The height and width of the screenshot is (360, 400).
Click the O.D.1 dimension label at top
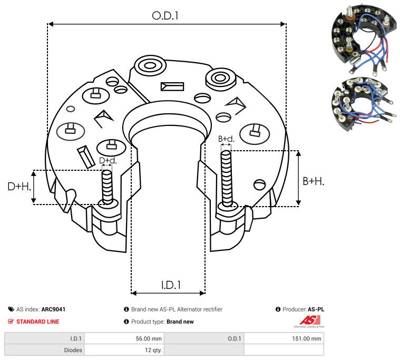pyautogui.click(x=165, y=16)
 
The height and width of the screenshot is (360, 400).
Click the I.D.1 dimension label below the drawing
pyautogui.click(x=171, y=285)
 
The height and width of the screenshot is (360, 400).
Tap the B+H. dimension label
pyautogui.click(x=313, y=181)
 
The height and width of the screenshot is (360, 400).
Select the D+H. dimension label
pyautogui.click(x=19, y=186)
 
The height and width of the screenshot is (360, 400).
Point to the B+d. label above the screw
pyautogui.click(x=226, y=139)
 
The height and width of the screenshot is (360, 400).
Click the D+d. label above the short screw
pyautogui.click(x=108, y=160)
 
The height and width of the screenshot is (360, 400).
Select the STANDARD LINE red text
pyautogui.click(x=37, y=322)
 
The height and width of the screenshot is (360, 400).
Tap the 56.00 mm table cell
pyautogui.click(x=149, y=339)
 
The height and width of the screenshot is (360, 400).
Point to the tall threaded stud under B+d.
pyautogui.click(x=227, y=179)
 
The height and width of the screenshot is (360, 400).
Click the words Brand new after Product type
pyautogui.click(x=181, y=322)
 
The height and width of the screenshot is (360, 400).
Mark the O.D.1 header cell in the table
pyautogui.click(x=235, y=339)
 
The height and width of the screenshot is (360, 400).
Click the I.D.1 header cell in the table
pyautogui.click(x=75, y=339)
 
